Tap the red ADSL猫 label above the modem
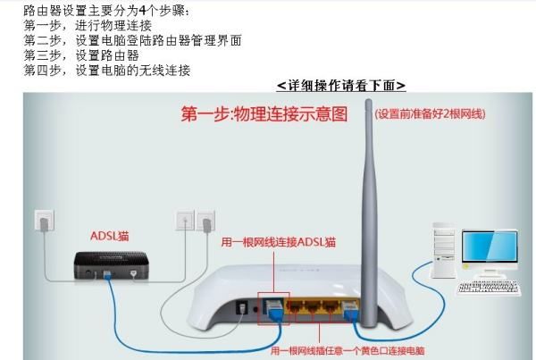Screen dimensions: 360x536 [x=109, y=236]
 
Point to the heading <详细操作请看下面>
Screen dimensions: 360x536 [x=341, y=86]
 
